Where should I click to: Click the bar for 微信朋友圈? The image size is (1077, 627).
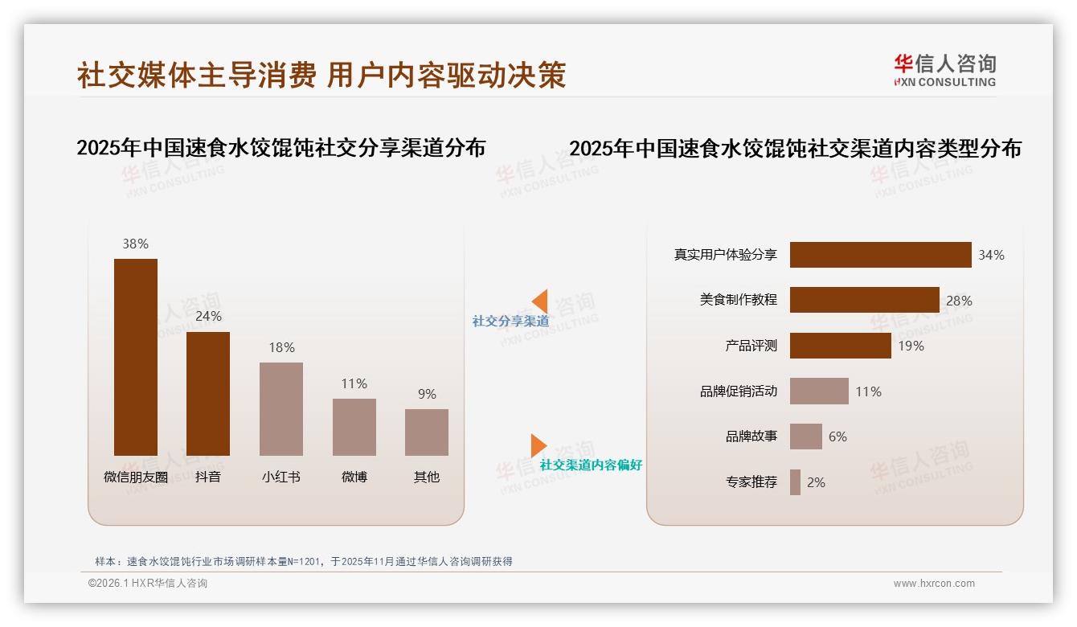[136, 357]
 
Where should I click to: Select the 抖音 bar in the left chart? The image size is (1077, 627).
[208, 394]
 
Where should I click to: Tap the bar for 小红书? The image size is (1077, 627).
[281, 408]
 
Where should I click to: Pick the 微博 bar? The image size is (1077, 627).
[354, 427]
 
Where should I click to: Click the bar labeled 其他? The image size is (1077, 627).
[427, 432]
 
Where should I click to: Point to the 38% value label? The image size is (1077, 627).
[136, 244]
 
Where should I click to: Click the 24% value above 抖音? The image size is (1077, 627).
[208, 316]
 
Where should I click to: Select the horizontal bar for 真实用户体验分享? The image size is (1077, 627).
[880, 255]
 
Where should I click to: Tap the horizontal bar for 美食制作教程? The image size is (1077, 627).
[864, 300]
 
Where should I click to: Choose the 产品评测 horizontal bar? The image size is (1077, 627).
[840, 346]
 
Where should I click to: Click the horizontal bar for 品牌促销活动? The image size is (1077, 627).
[819, 391]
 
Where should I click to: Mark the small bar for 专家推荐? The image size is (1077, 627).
[795, 482]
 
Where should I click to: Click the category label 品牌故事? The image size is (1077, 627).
[751, 436]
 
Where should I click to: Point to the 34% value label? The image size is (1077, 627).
[991, 255]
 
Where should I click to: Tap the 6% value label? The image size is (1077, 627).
[837, 436]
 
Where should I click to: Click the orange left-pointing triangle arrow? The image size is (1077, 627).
[540, 301]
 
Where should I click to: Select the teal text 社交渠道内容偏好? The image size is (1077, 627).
[591, 465]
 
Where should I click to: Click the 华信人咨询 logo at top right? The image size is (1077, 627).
[944, 70]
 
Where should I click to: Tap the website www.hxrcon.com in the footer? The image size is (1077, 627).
[934, 584]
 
